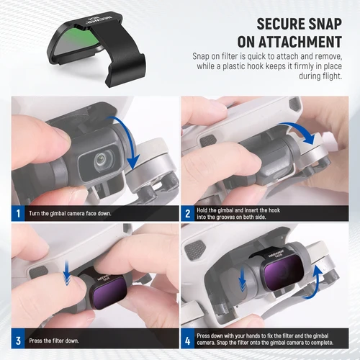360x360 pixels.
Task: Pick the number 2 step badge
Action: click(187, 213)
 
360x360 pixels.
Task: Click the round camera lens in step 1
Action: click(105, 156)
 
